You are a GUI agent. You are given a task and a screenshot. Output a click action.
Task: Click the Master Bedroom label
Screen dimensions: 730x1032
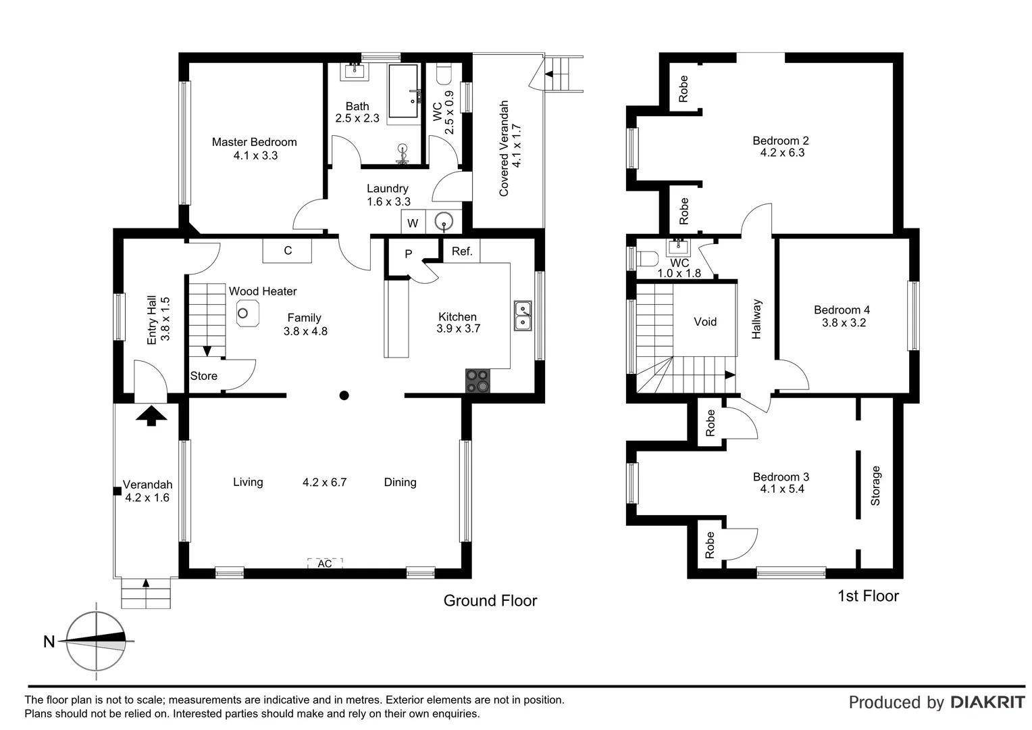click(254, 142)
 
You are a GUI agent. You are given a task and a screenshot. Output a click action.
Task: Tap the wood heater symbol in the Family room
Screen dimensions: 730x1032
click(244, 314)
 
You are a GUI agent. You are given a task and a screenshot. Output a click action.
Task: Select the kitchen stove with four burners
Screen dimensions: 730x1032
click(478, 381)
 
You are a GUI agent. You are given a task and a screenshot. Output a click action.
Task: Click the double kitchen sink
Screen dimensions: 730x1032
click(523, 316)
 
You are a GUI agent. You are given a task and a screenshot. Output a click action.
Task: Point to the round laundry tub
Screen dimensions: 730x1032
click(444, 221)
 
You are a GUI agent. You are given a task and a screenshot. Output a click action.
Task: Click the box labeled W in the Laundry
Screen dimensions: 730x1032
click(413, 223)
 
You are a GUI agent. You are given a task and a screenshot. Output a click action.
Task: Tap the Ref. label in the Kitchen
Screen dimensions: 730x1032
click(462, 251)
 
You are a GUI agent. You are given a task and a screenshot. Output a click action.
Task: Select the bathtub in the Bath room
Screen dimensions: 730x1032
click(403, 91)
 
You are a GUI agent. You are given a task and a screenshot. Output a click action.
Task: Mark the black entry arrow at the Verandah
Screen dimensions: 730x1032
click(151, 415)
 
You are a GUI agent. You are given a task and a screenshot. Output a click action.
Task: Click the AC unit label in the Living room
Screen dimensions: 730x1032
click(325, 563)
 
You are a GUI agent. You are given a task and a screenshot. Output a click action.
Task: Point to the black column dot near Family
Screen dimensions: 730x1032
click(344, 395)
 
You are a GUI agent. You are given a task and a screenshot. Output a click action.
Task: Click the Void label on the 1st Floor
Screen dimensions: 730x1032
click(705, 322)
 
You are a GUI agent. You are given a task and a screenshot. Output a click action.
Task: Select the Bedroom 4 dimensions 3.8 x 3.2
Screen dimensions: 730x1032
click(844, 323)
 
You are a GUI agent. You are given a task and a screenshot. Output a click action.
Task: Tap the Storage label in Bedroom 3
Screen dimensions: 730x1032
click(876, 485)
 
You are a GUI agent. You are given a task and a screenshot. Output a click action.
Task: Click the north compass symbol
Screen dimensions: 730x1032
click(96, 641)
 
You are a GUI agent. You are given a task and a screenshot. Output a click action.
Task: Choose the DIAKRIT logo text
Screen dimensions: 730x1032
click(987, 702)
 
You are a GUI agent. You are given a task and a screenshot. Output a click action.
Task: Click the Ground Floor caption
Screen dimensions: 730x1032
click(490, 600)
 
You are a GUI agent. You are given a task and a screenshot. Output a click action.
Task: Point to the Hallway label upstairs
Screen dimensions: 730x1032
click(756, 319)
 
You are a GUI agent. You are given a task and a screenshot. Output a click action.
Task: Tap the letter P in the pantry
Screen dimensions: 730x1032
click(409, 254)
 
